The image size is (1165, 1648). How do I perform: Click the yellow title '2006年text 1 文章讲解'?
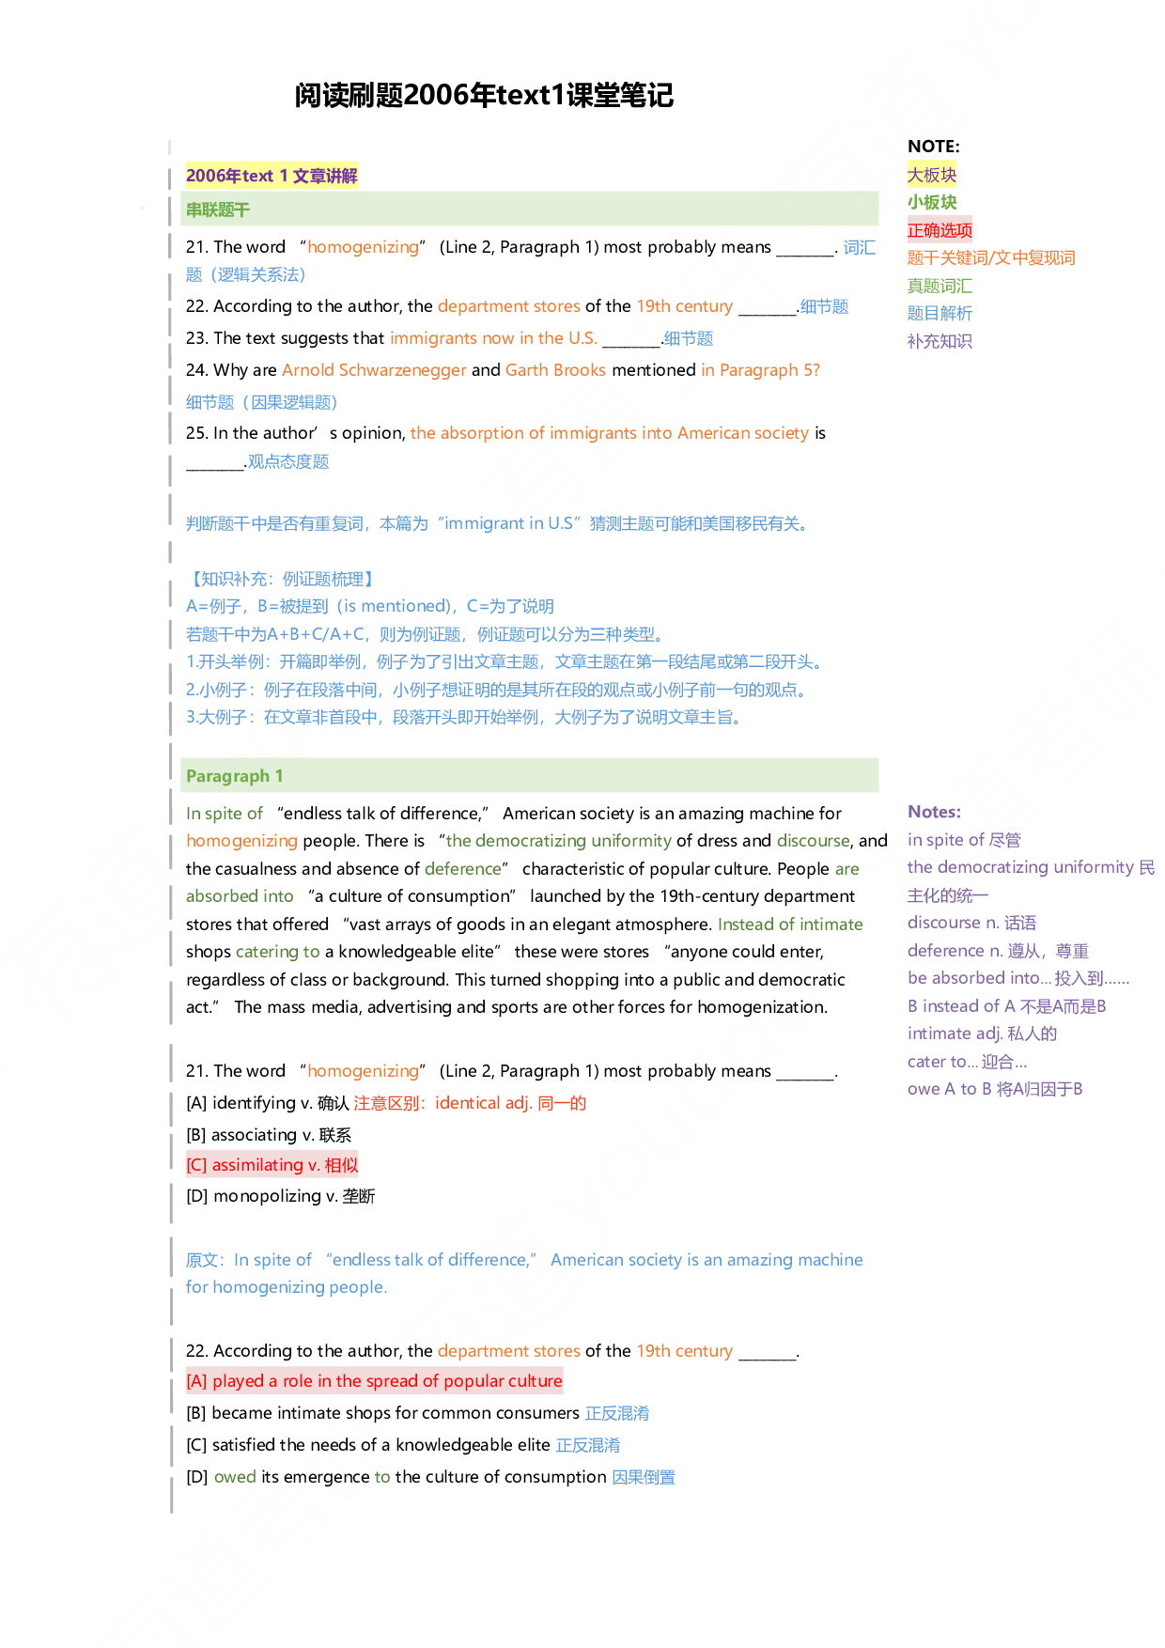(272, 176)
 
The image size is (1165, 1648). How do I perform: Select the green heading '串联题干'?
(218, 210)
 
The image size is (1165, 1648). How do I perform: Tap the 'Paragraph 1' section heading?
(234, 776)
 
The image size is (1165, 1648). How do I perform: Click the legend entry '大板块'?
(931, 175)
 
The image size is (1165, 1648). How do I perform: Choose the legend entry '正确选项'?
(940, 230)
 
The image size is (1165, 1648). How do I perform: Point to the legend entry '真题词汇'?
(940, 286)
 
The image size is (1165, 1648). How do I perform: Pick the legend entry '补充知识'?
(940, 341)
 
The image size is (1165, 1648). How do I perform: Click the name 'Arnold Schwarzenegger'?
(374, 370)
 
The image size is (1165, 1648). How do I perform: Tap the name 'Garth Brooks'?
(555, 370)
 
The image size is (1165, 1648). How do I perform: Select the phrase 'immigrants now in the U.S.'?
(493, 338)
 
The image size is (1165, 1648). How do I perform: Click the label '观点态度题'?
(288, 461)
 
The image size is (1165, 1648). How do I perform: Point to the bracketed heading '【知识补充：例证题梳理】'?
(282, 579)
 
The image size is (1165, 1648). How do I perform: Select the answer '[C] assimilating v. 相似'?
(272, 1165)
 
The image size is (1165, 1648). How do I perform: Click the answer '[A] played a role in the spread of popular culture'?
(374, 1381)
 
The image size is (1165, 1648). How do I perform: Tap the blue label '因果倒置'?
(644, 1477)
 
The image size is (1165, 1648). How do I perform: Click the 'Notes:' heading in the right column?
(934, 812)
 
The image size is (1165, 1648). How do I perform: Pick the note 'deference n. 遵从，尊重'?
(998, 951)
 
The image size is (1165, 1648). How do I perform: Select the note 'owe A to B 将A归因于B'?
(995, 1089)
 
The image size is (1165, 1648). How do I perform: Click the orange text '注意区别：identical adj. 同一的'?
(470, 1103)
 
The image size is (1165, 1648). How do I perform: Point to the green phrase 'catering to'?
(277, 952)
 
